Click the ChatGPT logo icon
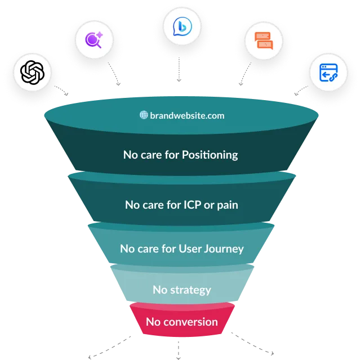pyautogui.click(x=32, y=72)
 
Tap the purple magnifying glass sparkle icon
pyautogui.click(x=93, y=39)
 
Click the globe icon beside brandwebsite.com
pyautogui.click(x=144, y=115)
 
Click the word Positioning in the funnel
pyautogui.click(x=210, y=154)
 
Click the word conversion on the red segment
pyautogui.click(x=194, y=322)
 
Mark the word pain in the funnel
pyautogui.click(x=226, y=205)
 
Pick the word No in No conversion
pyautogui.click(x=153, y=322)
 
